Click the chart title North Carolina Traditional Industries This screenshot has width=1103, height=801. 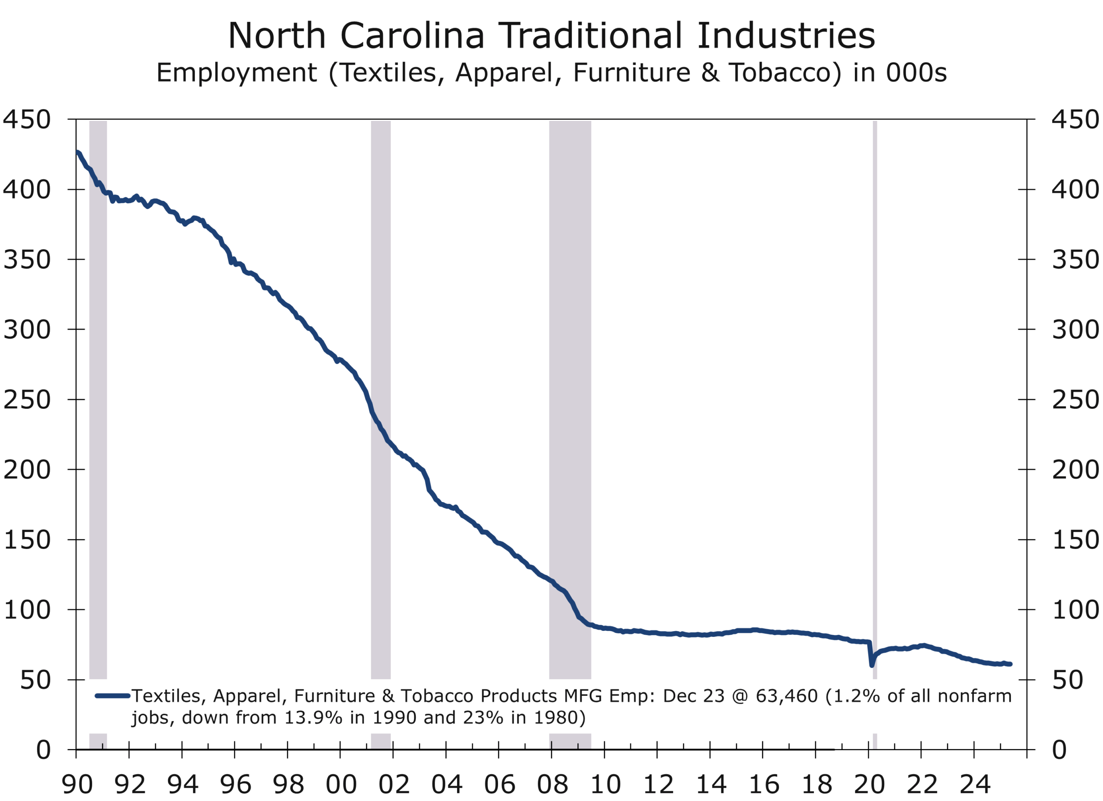click(x=551, y=36)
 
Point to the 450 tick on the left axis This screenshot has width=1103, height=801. click(x=27, y=120)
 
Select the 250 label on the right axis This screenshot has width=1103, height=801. click(x=1075, y=400)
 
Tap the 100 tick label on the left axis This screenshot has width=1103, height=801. click(x=27, y=610)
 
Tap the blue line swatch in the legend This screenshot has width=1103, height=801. click(x=112, y=696)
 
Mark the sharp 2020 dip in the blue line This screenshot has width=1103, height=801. click(x=872, y=664)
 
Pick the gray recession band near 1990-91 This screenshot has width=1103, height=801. click(x=98, y=389)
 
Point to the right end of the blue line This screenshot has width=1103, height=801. click(x=1010, y=664)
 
